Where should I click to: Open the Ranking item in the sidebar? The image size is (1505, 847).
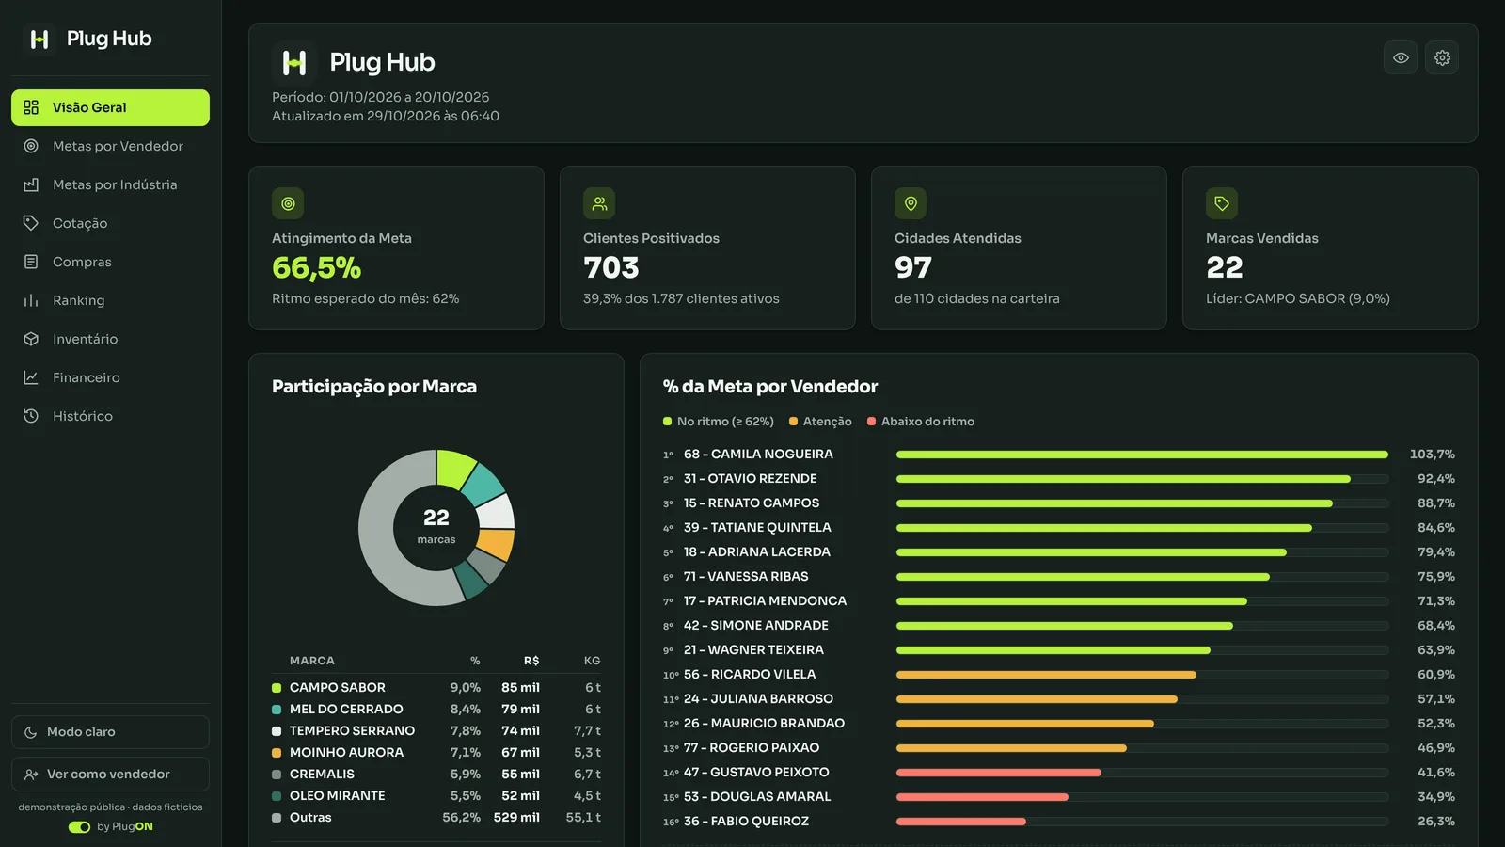point(79,300)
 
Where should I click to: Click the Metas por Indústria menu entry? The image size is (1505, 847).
point(115,184)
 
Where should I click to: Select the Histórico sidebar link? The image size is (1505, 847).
point(83,416)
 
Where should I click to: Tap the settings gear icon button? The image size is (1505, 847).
point(1442,57)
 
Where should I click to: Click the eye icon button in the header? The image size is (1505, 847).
point(1401,57)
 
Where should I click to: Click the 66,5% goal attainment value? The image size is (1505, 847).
point(316,267)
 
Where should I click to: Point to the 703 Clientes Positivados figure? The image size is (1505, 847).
point(610,267)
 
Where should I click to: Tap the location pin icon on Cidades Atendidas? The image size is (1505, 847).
point(911,203)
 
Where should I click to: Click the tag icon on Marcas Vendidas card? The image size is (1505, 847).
point(1222,203)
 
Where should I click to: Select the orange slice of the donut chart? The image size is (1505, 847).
point(498,543)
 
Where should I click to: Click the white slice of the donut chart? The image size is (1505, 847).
point(496,512)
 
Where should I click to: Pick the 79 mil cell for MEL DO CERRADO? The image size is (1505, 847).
point(520,710)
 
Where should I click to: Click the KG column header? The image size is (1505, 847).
point(592,661)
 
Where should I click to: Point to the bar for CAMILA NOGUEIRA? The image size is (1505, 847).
point(1142,455)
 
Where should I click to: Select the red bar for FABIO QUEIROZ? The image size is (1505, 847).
point(960,822)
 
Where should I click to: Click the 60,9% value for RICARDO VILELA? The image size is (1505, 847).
point(1435,674)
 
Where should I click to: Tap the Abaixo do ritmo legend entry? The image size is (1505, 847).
point(921,422)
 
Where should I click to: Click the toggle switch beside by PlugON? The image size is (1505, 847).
point(79,827)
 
